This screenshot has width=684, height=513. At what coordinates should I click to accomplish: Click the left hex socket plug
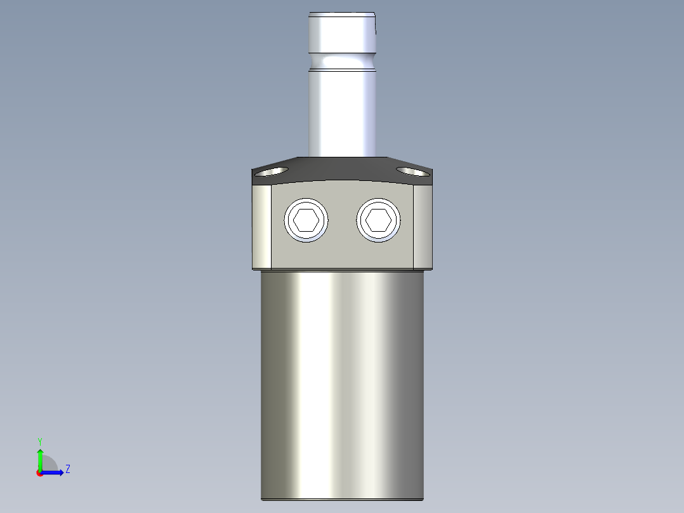pyautogui.click(x=307, y=220)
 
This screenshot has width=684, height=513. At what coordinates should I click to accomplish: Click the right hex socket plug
pyautogui.click(x=379, y=220)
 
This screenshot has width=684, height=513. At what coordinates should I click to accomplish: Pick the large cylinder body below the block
pyautogui.click(x=343, y=381)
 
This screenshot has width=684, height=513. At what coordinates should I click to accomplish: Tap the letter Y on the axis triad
pyautogui.click(x=39, y=441)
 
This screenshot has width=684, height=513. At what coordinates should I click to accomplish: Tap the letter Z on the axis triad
pyautogui.click(x=67, y=469)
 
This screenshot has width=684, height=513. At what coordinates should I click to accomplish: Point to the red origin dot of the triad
pyautogui.click(x=39, y=473)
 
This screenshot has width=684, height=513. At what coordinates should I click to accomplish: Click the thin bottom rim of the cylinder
pyautogui.click(x=343, y=499)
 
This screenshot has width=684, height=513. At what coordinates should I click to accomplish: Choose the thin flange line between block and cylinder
pyautogui.click(x=343, y=269)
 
